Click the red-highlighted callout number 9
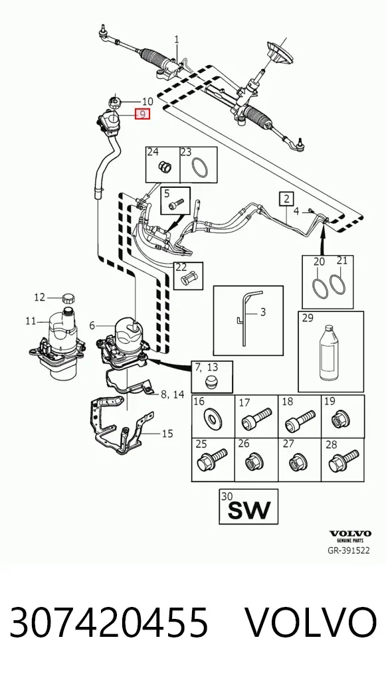point(142,114)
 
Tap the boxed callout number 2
point(286,199)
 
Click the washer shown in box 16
point(213,417)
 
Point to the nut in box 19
point(341,418)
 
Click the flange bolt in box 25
point(211,460)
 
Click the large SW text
point(249,510)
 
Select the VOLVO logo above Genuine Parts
point(349,533)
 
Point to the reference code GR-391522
point(349,550)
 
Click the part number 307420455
point(109,622)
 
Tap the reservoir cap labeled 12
point(69,298)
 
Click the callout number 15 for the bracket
point(167,433)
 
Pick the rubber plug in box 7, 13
point(211,382)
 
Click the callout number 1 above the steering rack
point(177,39)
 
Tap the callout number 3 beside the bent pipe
point(262,311)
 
